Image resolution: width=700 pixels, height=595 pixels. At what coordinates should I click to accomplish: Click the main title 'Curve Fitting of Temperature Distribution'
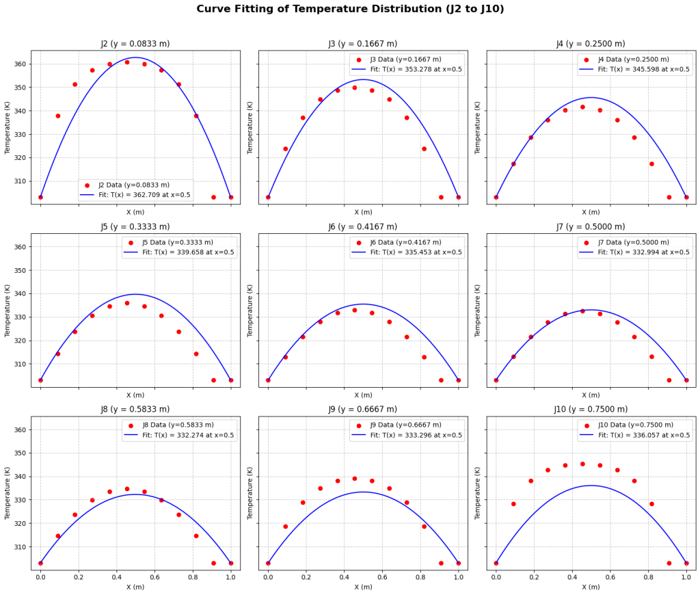[350, 9]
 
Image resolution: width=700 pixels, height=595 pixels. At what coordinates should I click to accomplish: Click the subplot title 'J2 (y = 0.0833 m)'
[135, 44]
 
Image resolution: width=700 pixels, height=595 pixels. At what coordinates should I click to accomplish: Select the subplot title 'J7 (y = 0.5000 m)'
[590, 227]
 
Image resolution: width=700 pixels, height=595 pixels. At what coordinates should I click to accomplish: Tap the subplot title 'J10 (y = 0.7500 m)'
[590, 410]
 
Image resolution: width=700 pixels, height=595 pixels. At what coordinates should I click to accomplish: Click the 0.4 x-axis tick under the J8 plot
[116, 577]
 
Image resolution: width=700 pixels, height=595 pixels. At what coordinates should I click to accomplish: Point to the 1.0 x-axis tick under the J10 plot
[686, 577]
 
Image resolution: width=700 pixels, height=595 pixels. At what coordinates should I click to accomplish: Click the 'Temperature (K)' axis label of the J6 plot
[251, 310]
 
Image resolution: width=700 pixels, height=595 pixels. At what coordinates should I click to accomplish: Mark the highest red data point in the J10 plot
[582, 464]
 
